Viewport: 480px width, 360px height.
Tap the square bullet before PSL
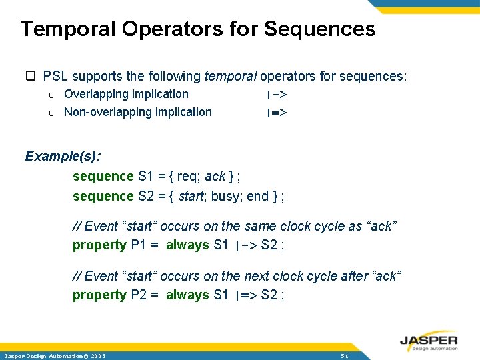coord(30,76)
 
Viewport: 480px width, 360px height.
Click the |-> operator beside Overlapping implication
coord(276,95)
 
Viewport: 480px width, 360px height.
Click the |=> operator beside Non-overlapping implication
coord(276,113)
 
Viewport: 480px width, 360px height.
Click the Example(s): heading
coord(63,156)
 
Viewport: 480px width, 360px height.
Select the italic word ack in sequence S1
coord(215,176)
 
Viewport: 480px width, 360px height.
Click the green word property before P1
coord(99,245)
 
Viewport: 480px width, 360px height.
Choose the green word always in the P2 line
coord(187,295)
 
